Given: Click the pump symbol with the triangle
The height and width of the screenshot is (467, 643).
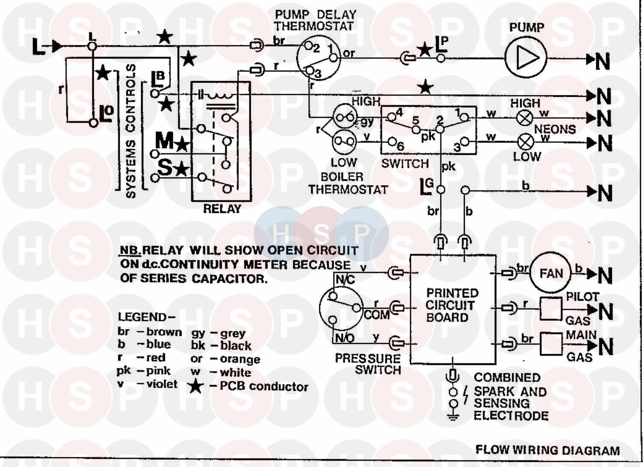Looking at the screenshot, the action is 526,59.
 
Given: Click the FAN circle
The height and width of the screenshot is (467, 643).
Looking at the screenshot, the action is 550,273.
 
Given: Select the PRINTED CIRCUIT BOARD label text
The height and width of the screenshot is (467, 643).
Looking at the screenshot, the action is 452,305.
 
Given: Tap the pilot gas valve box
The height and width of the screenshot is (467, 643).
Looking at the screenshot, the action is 551,309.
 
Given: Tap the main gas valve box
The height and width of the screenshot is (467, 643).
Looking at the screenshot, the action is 551,344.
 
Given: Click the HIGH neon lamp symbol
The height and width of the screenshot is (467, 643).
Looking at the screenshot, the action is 525,118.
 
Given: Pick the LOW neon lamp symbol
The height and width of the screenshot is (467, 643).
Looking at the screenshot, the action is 526,142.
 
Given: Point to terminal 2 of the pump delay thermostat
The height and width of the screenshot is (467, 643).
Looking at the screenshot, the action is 308,45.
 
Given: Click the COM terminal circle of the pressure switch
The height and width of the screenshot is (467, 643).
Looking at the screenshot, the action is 357,308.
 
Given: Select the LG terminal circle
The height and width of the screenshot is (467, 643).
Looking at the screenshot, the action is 441,190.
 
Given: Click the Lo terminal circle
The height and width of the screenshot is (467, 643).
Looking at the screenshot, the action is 93,123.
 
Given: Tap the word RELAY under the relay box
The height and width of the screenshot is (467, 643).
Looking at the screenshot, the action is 222,209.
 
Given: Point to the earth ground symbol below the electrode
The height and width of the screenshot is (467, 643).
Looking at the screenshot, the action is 453,417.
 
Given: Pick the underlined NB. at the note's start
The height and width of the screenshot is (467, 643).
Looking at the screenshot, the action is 130,250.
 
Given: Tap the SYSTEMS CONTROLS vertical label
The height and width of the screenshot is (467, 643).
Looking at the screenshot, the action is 131,131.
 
